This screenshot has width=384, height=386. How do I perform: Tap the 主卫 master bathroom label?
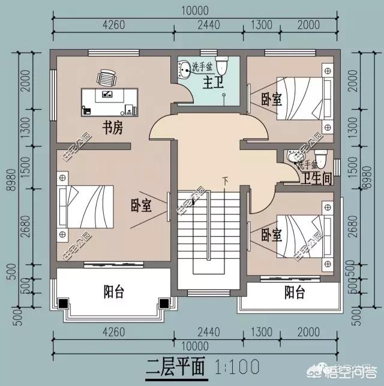(x=212, y=80)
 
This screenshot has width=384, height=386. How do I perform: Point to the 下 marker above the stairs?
(x=226, y=180)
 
